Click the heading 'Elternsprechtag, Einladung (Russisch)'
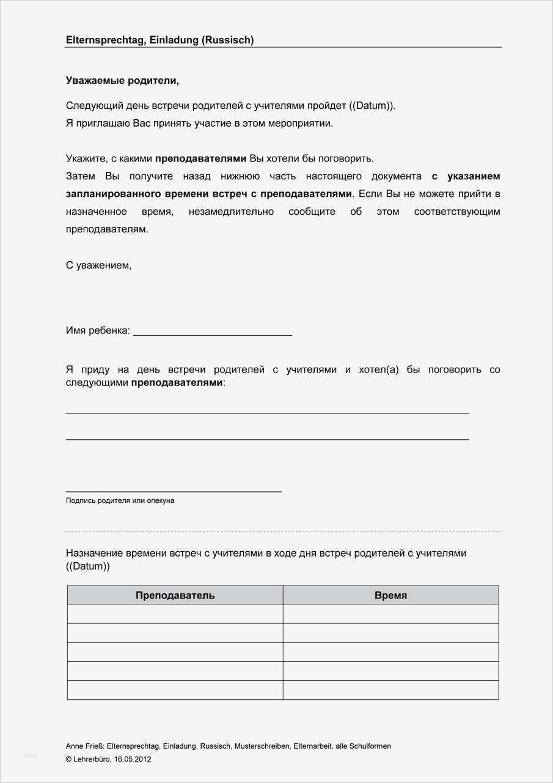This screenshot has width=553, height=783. pyautogui.click(x=159, y=40)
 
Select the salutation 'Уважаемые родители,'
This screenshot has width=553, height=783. pyautogui.click(x=122, y=81)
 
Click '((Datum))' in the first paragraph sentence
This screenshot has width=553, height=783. pyautogui.click(x=372, y=106)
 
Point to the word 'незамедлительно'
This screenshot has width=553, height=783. pyautogui.click(x=233, y=212)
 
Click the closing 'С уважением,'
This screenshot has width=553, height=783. pyautogui.click(x=98, y=265)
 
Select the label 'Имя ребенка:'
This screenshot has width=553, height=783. pyautogui.click(x=98, y=331)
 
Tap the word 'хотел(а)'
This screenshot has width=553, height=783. pyautogui.click(x=378, y=370)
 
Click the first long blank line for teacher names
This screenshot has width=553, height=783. pyautogui.click(x=267, y=414)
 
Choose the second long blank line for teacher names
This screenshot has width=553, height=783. pyautogui.click(x=267, y=439)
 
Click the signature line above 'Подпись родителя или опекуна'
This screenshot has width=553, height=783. pyautogui.click(x=174, y=491)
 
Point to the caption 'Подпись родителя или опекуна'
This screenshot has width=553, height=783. pyautogui.click(x=120, y=500)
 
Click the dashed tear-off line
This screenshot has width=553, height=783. pyautogui.click(x=282, y=532)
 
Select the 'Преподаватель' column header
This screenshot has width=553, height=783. pyautogui.click(x=175, y=595)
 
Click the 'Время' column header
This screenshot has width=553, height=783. pyautogui.click(x=390, y=595)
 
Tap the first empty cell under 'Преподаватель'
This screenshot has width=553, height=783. pyautogui.click(x=175, y=614)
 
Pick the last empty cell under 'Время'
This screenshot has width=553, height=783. pyautogui.click(x=390, y=690)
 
